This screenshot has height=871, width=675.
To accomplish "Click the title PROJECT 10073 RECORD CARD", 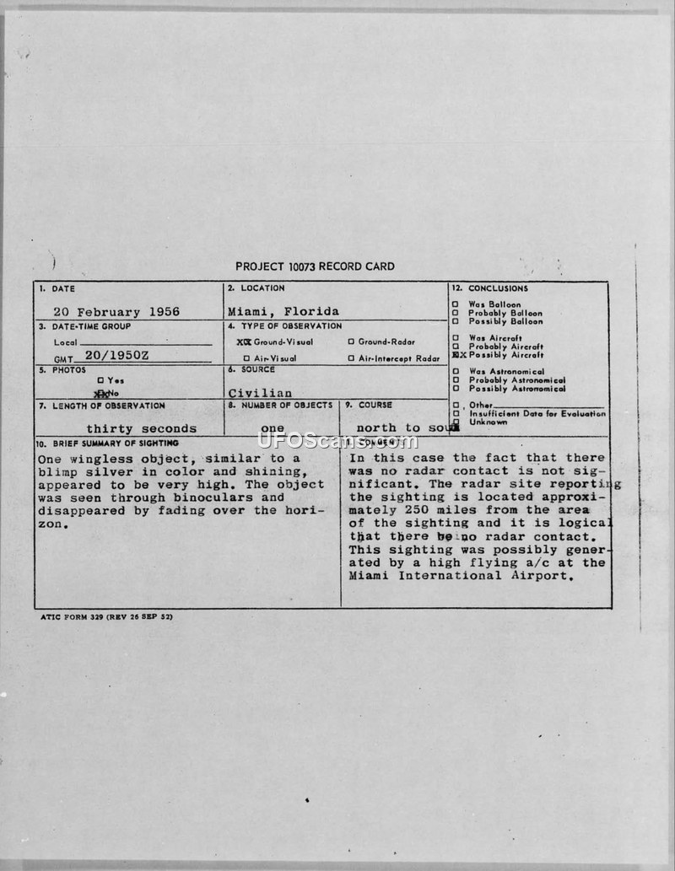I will [x=315, y=266].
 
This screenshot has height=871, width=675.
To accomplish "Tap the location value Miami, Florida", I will [x=283, y=311].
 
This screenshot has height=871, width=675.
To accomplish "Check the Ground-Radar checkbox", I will [x=351, y=342].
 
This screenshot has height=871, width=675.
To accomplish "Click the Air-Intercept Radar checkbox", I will [x=351, y=358].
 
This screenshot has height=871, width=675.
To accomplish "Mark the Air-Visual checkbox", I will [x=246, y=358].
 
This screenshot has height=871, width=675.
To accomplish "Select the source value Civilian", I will [x=260, y=392].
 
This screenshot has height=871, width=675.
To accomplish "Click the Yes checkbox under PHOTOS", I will [x=100, y=380].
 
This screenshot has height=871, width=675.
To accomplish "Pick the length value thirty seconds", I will [x=141, y=428].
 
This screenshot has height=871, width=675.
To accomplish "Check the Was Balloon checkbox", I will [x=456, y=304].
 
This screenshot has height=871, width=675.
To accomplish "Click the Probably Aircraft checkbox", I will [x=456, y=347].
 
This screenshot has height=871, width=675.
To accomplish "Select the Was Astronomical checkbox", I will [x=456, y=372].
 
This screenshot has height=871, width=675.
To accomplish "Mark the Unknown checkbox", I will [x=456, y=422].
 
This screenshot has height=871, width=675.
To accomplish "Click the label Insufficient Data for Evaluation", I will [x=537, y=414].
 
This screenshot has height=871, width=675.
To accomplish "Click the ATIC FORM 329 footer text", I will [x=106, y=616].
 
